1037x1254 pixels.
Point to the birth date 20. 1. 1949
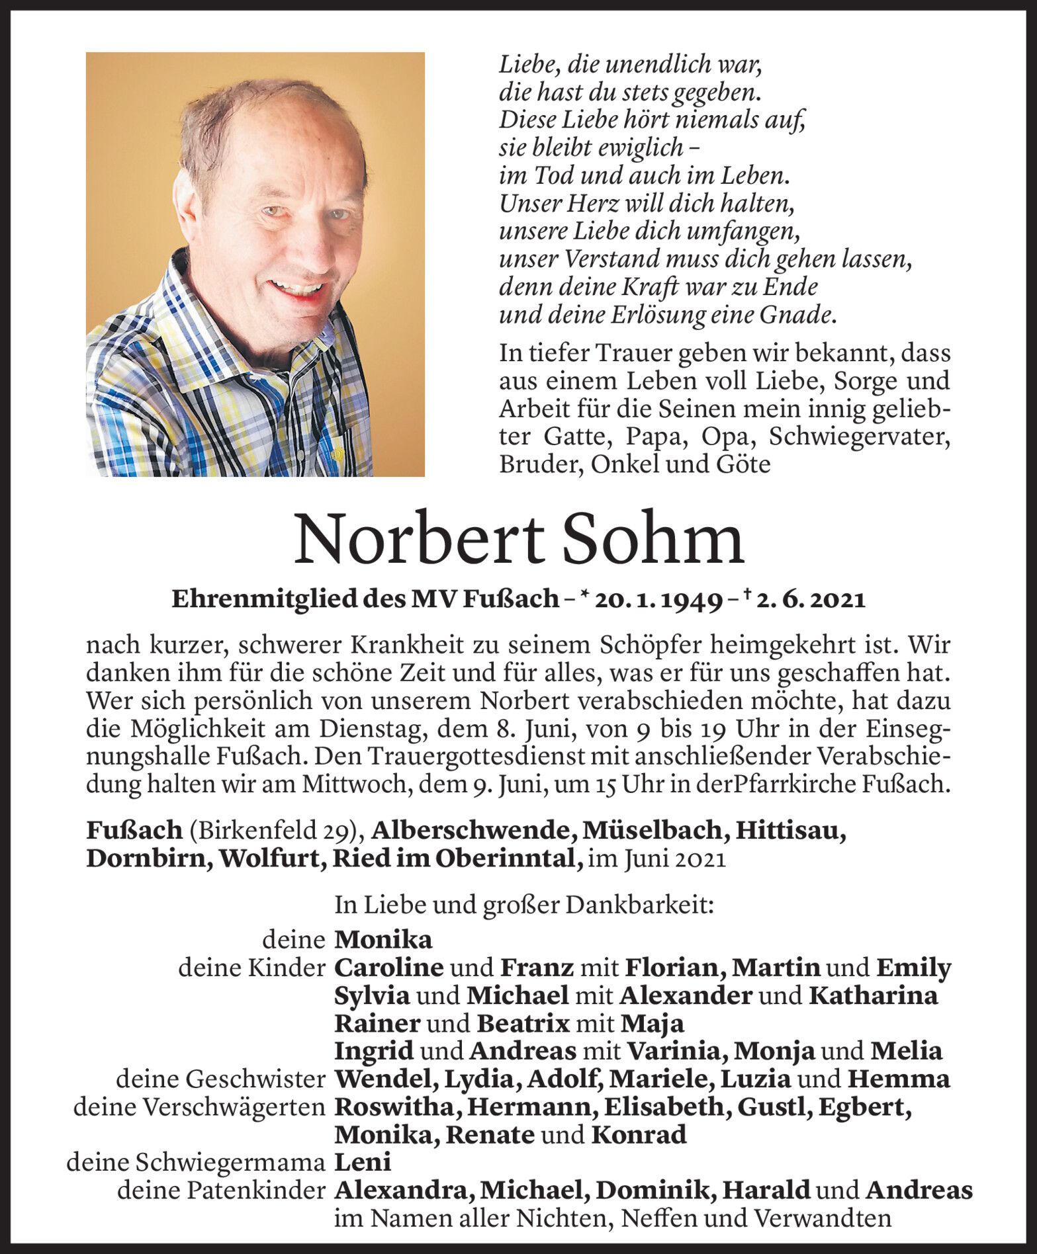[658, 599]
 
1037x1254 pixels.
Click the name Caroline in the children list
[388, 968]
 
